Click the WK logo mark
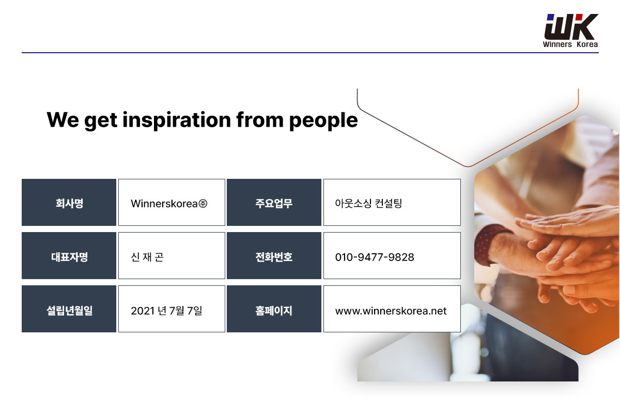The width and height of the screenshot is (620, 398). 571,26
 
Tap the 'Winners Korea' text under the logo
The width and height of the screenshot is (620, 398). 570,44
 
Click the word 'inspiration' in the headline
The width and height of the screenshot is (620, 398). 177,120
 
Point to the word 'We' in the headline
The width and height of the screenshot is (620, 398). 63,119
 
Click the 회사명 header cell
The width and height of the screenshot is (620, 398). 69,202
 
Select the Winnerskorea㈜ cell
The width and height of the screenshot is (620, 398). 172,202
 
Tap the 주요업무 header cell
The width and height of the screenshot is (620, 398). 274,202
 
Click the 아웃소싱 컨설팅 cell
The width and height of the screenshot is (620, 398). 392,202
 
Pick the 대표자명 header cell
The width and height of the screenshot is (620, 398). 69,256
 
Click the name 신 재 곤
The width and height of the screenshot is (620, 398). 147,257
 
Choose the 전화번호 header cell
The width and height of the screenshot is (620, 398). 274,256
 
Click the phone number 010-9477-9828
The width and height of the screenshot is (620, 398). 375,257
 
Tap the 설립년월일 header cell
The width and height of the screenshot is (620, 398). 69,309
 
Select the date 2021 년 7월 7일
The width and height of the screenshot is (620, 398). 166,311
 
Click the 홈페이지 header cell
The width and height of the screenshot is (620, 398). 274,309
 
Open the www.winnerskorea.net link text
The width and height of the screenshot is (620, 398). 391,311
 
